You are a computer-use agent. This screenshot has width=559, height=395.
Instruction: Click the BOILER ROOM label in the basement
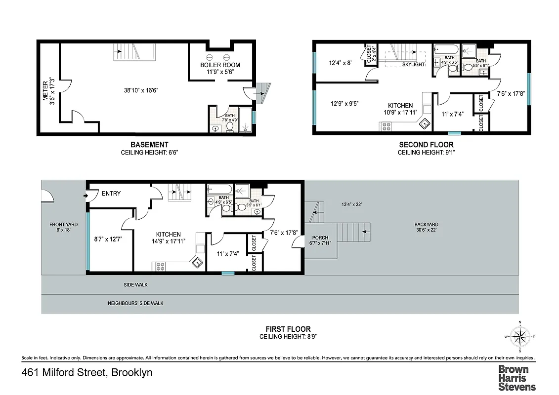click(220, 65)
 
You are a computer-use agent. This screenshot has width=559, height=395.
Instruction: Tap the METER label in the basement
click(45, 91)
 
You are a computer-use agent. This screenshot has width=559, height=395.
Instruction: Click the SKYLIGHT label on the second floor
click(413, 65)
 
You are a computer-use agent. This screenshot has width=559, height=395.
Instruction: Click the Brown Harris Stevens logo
click(516, 378)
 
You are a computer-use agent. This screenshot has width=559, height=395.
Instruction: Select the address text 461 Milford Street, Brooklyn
click(87, 372)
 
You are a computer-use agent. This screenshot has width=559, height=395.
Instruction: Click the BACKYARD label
click(426, 225)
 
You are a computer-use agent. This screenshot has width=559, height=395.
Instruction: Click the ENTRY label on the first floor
click(111, 194)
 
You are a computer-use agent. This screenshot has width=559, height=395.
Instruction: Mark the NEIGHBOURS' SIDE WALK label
click(135, 303)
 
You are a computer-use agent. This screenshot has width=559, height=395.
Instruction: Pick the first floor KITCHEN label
click(168, 235)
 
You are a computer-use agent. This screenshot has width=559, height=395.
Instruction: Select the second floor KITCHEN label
click(400, 106)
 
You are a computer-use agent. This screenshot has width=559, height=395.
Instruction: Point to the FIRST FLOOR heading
click(288, 329)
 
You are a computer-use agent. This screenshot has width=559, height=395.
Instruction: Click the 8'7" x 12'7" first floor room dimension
click(108, 238)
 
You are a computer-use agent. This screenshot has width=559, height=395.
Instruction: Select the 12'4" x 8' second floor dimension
click(340, 63)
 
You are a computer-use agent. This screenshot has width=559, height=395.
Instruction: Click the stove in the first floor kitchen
click(161, 266)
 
